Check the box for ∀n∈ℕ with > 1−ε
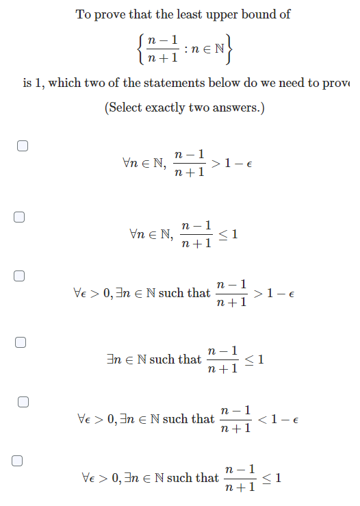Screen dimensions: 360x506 click(23, 146)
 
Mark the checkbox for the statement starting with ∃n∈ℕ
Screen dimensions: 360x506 click(21, 342)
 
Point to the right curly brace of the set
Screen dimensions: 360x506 click(231, 48)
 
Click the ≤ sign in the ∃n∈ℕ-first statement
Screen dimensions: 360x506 click(250, 359)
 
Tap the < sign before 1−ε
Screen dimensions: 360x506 click(262, 418)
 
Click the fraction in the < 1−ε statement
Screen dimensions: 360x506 click(236, 418)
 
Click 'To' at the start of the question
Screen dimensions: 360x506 click(83, 14)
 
